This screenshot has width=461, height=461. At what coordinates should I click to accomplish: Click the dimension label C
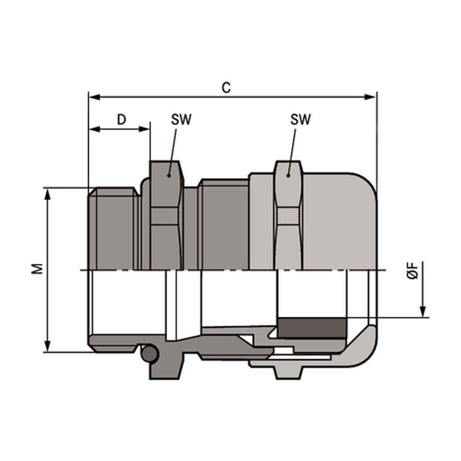click(x=226, y=88)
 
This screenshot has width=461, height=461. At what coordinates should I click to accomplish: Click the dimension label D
click(x=122, y=120)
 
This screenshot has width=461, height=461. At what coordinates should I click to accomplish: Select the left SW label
click(x=181, y=120)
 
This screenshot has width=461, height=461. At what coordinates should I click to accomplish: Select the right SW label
click(x=300, y=120)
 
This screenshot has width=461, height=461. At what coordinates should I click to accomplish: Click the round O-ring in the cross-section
click(x=150, y=354)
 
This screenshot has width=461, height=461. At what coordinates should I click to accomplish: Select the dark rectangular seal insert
click(x=311, y=328)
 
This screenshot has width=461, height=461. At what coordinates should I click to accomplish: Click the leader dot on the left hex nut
click(x=168, y=175)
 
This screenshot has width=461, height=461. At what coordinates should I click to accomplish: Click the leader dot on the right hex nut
click(x=288, y=175)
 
